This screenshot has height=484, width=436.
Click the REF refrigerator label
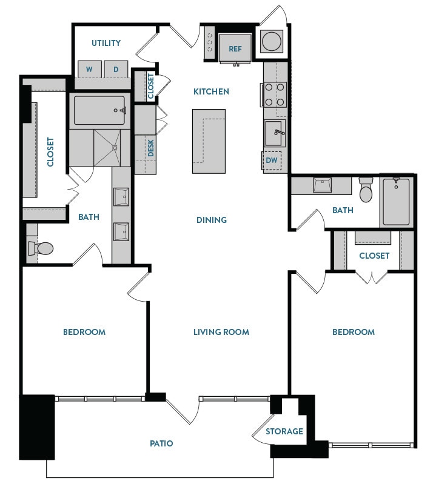click(235, 49)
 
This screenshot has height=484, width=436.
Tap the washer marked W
click(89, 70)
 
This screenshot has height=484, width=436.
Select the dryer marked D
click(116, 70)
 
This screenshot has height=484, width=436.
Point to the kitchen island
click(209, 136)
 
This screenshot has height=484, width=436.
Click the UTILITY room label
click(106, 43)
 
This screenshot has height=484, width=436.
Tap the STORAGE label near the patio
click(284, 431)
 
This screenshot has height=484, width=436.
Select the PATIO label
click(161, 443)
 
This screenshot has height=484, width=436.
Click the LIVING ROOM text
click(221, 332)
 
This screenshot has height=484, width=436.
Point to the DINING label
click(211, 220)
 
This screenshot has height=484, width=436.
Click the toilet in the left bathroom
click(42, 248)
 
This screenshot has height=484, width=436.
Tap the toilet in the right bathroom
click(366, 190)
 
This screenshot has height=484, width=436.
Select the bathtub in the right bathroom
click(396, 201)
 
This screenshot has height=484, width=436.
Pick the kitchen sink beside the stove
click(274, 132)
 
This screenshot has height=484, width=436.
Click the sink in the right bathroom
click(322, 185)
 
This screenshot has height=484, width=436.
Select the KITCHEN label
click(211, 91)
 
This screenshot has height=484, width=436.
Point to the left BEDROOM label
click(84, 332)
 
